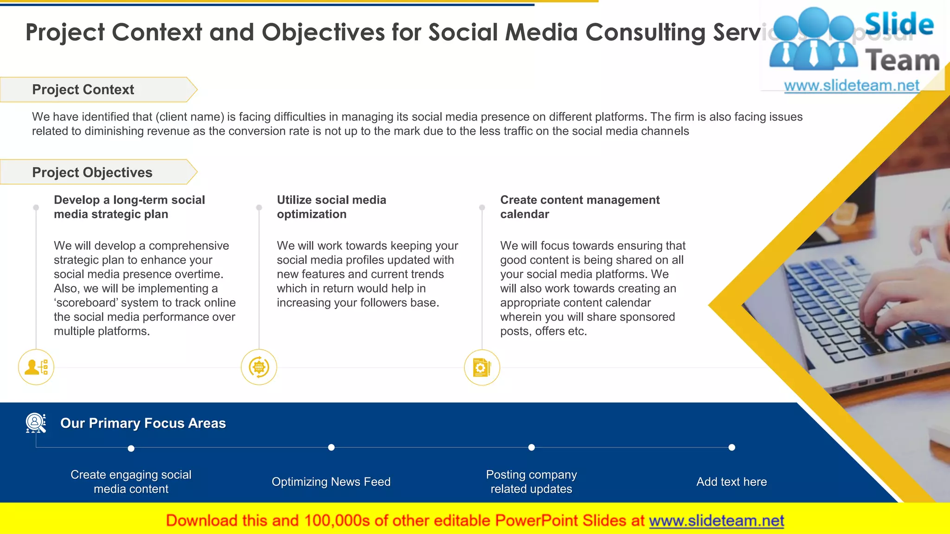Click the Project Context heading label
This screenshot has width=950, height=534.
click(83, 89)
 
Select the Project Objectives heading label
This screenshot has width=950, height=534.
click(92, 172)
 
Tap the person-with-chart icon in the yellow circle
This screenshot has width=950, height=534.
click(36, 367)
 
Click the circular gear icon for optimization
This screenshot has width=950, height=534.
click(259, 367)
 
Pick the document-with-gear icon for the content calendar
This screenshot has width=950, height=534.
click(481, 368)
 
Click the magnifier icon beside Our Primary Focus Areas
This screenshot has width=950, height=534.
click(35, 423)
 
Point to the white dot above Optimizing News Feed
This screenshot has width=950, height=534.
click(331, 447)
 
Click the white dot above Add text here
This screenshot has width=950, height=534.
click(732, 447)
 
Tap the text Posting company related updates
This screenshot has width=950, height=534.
click(531, 482)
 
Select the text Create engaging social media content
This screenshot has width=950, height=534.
click(131, 482)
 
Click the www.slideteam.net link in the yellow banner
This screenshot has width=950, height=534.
click(716, 521)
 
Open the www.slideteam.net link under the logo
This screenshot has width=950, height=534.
click(851, 86)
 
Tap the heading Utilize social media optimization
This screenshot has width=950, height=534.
click(331, 207)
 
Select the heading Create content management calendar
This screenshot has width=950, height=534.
click(579, 207)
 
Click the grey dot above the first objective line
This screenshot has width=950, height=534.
click(36, 207)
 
